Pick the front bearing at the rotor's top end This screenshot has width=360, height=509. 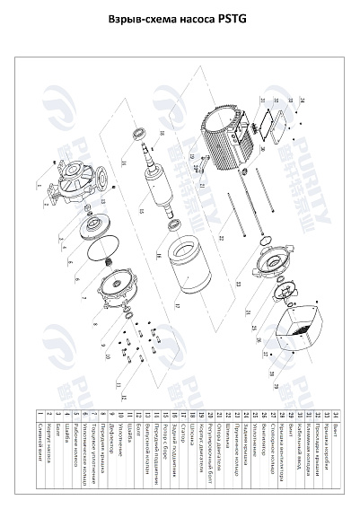(138, 135)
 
